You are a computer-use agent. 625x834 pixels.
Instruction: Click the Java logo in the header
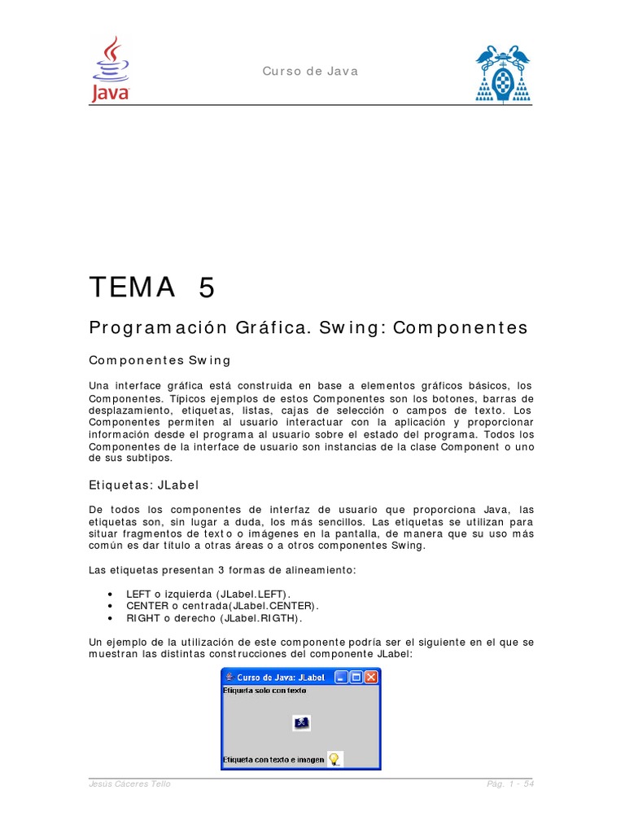pyautogui.click(x=110, y=70)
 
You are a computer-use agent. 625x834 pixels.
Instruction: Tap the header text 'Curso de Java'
pyautogui.click(x=310, y=72)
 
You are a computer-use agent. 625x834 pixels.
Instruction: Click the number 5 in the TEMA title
pyautogui.click(x=207, y=288)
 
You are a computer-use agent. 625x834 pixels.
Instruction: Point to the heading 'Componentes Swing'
pyautogui.click(x=160, y=360)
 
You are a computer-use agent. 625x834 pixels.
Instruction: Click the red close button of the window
pyautogui.click(x=371, y=677)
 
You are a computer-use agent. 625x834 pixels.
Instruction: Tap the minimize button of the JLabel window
pyautogui.click(x=342, y=677)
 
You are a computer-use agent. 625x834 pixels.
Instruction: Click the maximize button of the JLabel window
pyautogui.click(x=356, y=677)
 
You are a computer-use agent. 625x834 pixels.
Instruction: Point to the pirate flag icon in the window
pyautogui.click(x=301, y=722)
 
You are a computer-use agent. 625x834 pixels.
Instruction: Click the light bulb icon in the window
pyautogui.click(x=334, y=759)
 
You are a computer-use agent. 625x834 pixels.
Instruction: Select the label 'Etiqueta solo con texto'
pyautogui.click(x=264, y=691)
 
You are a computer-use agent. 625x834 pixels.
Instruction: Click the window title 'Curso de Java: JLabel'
pyautogui.click(x=281, y=677)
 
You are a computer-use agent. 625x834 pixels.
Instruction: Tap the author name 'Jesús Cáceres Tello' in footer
pyautogui.click(x=129, y=784)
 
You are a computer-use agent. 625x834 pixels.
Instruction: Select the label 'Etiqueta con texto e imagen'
pyautogui.click(x=273, y=761)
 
